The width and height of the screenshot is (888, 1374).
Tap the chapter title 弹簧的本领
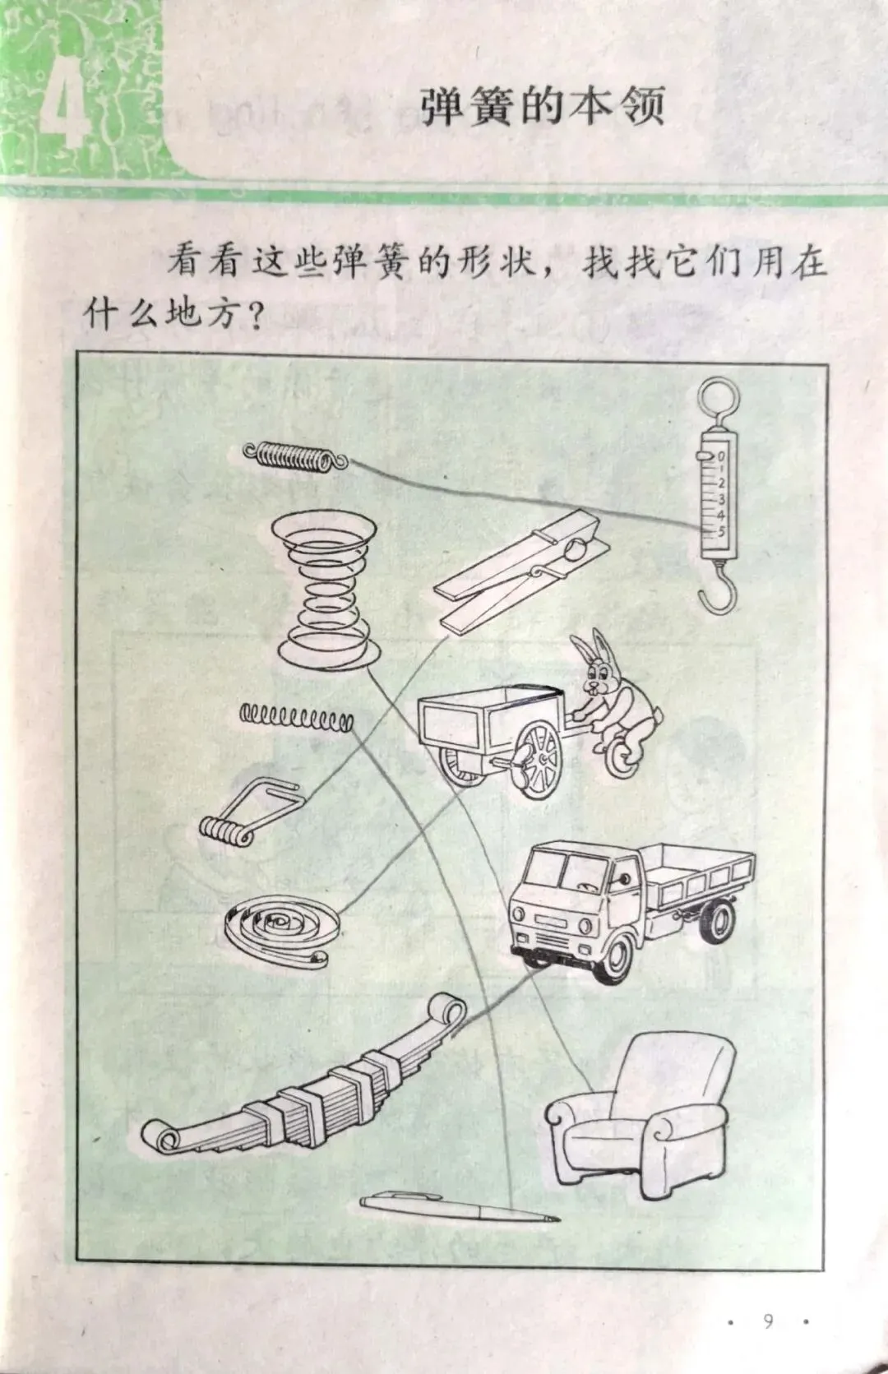pos(542,108)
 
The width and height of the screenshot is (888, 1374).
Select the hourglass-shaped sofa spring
pos(324,587)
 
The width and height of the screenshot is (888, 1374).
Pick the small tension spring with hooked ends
pos(295,456)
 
